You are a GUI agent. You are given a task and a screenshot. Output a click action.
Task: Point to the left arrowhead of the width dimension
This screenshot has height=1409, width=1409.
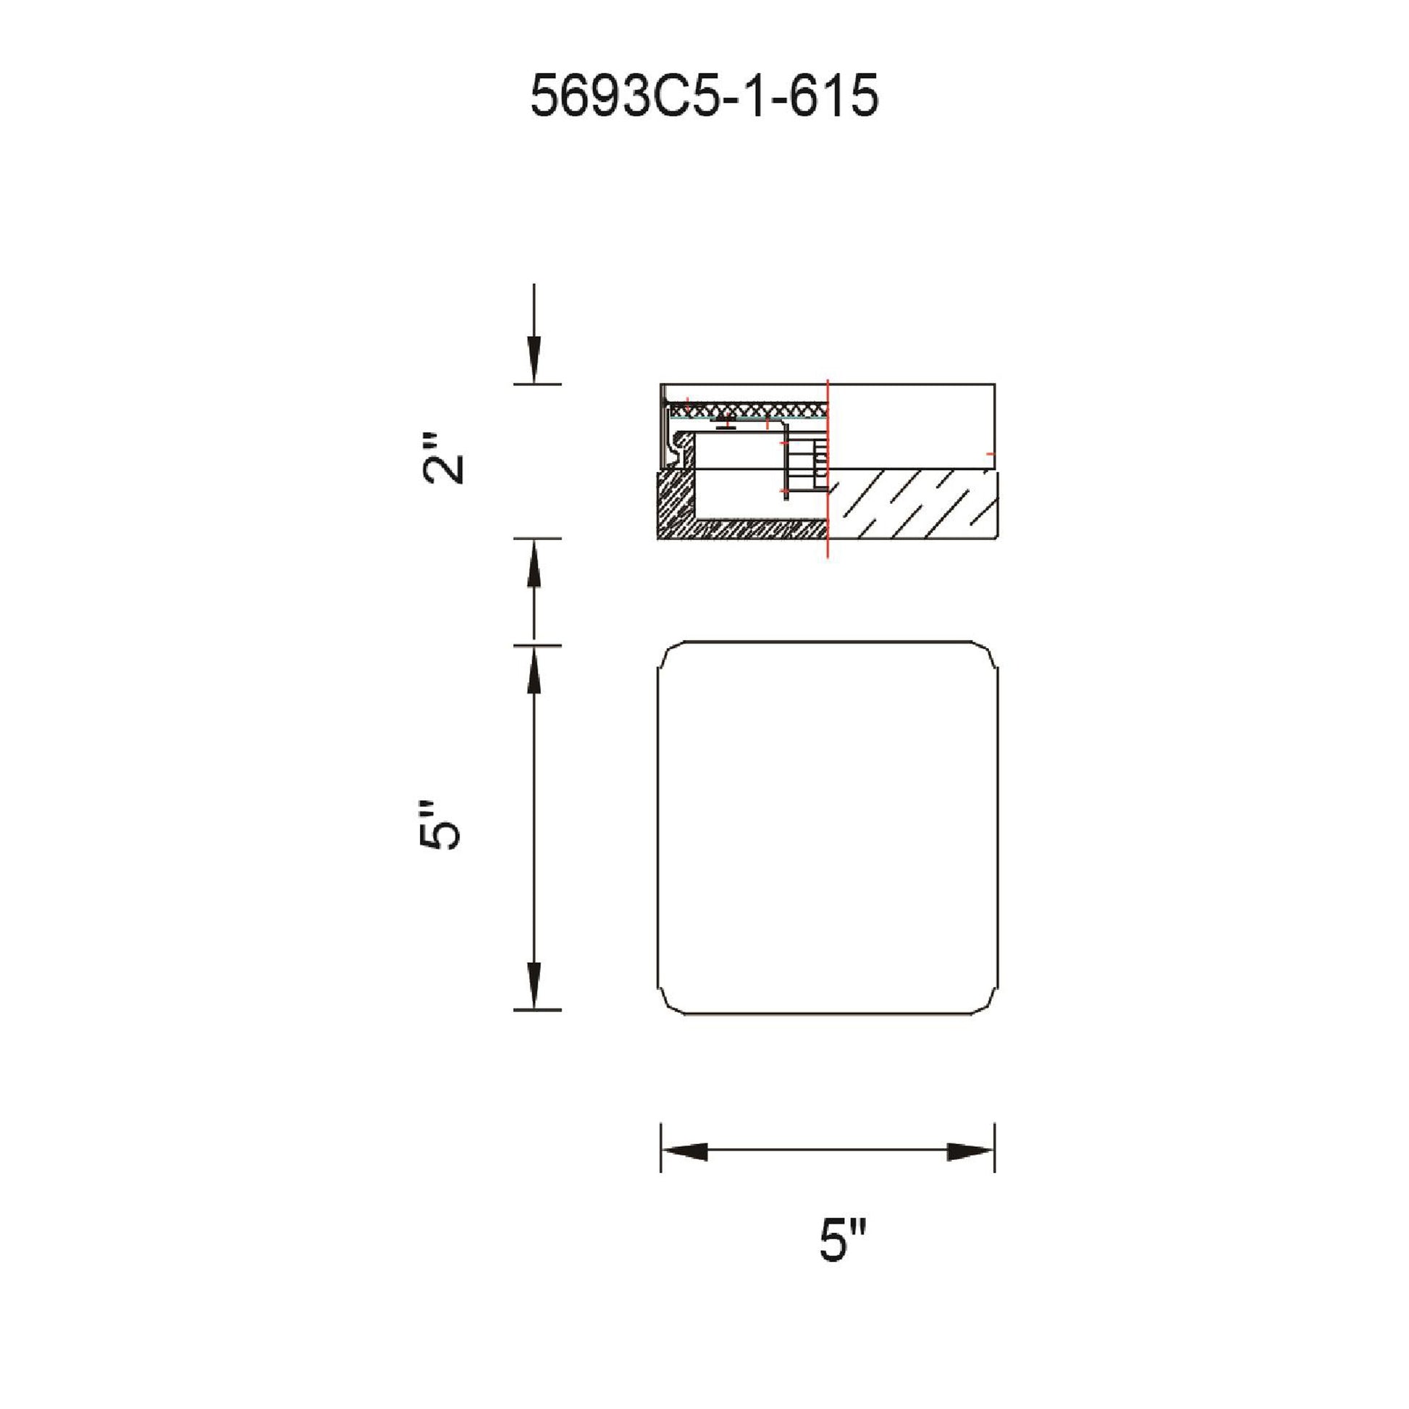(684, 1152)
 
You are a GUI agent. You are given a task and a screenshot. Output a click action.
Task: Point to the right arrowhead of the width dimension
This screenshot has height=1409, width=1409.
(971, 1152)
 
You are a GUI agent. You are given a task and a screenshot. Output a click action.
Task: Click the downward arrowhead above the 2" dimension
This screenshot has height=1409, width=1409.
(534, 361)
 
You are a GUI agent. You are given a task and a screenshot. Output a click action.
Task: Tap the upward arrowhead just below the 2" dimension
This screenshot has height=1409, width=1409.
(534, 563)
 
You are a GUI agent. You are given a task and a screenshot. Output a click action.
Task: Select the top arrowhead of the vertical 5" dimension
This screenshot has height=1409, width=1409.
(534, 670)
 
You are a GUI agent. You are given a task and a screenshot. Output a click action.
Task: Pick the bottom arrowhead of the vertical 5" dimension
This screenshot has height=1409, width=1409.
(534, 985)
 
